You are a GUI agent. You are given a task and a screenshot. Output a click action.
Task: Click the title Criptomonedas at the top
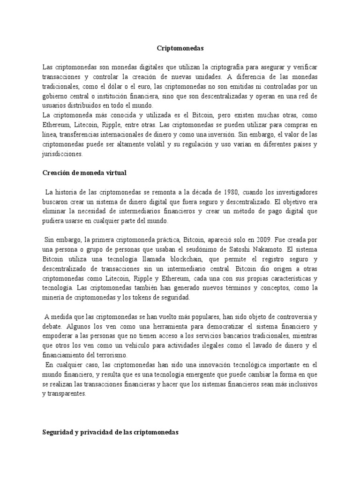tap(180, 47)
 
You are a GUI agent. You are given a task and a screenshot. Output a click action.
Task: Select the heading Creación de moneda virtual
tap(84, 173)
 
